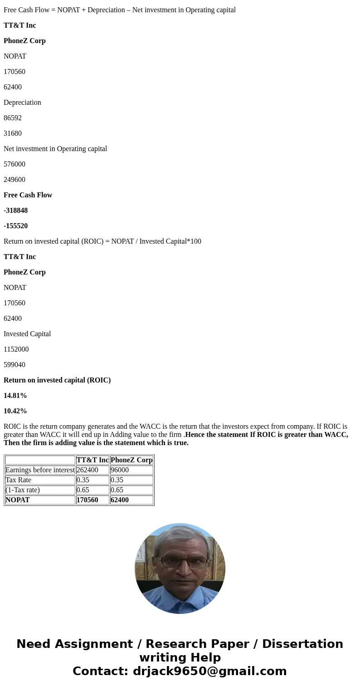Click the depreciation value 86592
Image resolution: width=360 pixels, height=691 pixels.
(x=13, y=118)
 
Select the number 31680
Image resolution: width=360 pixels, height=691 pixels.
(x=13, y=133)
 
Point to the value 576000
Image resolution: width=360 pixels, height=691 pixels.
(x=15, y=164)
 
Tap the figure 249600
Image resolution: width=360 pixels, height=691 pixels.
(x=15, y=180)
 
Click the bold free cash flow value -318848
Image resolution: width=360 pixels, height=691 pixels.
(x=16, y=211)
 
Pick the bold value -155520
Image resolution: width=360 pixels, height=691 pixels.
(x=16, y=226)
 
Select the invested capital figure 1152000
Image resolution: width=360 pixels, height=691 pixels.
(x=16, y=349)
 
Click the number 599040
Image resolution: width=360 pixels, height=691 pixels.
(x=15, y=365)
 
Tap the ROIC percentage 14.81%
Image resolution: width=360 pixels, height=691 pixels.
(x=15, y=396)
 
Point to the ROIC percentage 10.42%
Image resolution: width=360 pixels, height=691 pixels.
(x=15, y=411)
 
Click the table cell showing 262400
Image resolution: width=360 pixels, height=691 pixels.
(x=88, y=470)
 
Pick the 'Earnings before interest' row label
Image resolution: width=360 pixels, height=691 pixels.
(x=40, y=470)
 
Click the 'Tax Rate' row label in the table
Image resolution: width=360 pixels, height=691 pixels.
(x=19, y=480)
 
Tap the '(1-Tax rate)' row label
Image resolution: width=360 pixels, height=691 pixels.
(x=23, y=490)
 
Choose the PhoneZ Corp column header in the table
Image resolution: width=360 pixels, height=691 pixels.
(x=131, y=460)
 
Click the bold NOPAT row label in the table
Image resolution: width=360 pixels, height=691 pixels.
(x=18, y=500)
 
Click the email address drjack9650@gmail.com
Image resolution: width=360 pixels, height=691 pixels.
(x=209, y=671)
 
